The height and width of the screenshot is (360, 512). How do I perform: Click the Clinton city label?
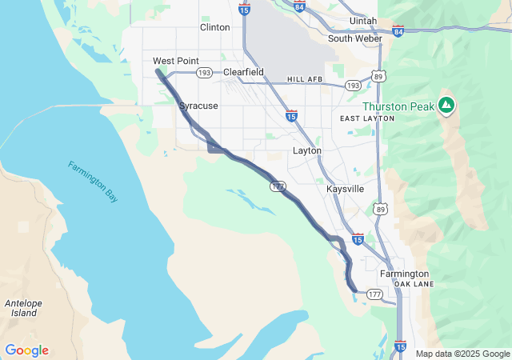[x=214, y=27]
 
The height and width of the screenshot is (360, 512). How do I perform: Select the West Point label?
[x=176, y=61]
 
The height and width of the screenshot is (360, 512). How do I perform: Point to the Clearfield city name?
[x=243, y=72]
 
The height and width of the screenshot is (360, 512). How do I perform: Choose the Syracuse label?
[x=198, y=106]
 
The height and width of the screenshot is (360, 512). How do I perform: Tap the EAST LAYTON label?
[x=367, y=118]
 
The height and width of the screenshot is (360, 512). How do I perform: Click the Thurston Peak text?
[x=398, y=106]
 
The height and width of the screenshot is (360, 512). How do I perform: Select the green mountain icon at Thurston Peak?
[x=446, y=105]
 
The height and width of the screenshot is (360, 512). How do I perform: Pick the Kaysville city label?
[x=346, y=189]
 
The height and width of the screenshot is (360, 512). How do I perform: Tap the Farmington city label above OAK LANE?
[x=404, y=274]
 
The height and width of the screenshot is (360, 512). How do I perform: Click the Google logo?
[x=26, y=350]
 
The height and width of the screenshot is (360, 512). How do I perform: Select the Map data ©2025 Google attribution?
[x=462, y=354]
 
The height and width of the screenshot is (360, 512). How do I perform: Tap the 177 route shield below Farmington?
[x=374, y=294]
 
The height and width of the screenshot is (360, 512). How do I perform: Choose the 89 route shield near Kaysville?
[x=379, y=209]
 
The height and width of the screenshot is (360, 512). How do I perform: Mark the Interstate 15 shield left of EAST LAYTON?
[x=291, y=116]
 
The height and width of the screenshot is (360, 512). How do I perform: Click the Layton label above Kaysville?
[x=307, y=150]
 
